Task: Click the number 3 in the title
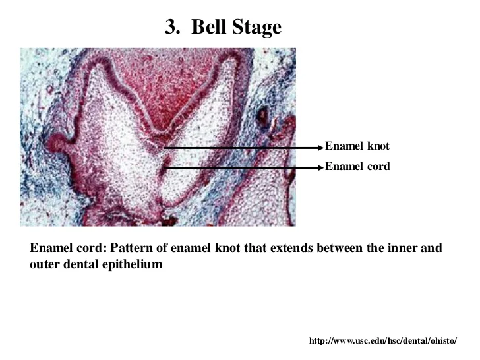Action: [171, 27]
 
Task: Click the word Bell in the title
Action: [208, 27]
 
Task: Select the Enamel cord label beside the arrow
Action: [357, 167]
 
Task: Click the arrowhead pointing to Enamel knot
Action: [320, 146]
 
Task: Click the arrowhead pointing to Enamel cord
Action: [320, 167]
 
